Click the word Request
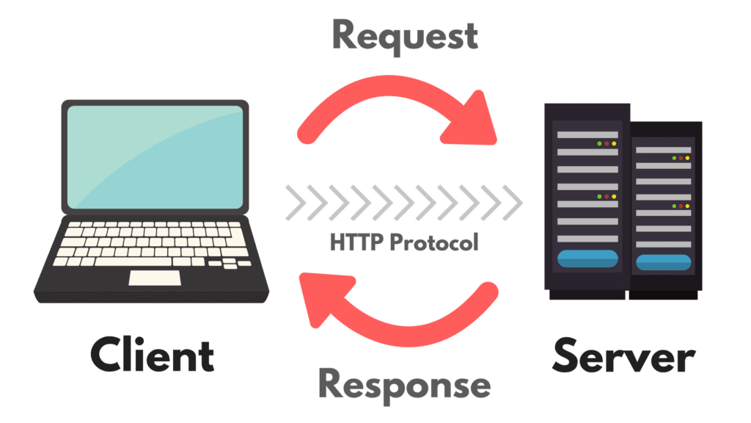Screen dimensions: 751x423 click(405, 37)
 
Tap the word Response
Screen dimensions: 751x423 click(405, 386)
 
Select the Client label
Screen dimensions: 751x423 click(153, 355)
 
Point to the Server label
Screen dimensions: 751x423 click(623, 356)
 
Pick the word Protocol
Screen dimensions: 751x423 click(434, 242)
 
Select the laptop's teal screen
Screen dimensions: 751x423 click(155, 157)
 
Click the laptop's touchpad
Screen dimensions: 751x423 click(155, 278)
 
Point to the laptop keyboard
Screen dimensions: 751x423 click(153, 244)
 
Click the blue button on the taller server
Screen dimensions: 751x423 click(587, 258)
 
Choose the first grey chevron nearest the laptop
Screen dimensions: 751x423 click(296, 203)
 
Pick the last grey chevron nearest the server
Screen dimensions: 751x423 click(513, 203)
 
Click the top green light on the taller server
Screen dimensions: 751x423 click(599, 143)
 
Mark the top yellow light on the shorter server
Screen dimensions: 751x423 click(687, 158)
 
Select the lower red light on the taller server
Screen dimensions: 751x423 click(607, 197)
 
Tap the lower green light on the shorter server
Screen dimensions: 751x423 click(674, 206)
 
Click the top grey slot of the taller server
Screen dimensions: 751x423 click(587, 135)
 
